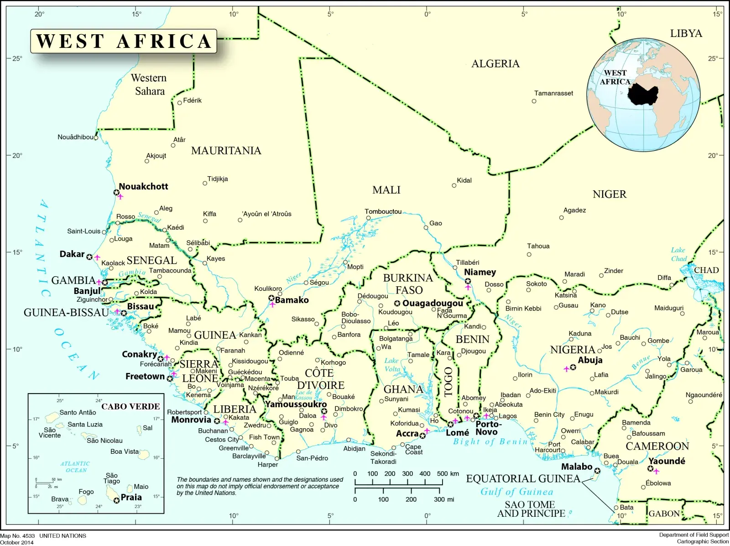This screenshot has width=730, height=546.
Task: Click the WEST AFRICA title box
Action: tap(123, 41)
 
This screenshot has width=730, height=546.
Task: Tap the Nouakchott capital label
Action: tap(143, 186)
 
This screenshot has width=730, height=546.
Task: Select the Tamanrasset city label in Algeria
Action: tap(553, 93)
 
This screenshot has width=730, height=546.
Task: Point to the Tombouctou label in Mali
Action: tap(383, 211)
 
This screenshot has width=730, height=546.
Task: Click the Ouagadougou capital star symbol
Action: tap(397, 303)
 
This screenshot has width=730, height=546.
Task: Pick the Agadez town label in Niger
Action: tap(574, 210)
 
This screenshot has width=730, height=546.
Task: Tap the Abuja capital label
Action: tap(590, 360)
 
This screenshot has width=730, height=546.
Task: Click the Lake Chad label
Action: tap(678, 254)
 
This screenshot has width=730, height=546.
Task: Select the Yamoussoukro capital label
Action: tap(296, 404)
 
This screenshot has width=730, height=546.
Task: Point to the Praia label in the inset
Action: tap(131, 497)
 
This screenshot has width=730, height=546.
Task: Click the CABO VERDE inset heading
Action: tap(130, 406)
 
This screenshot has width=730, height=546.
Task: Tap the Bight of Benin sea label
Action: tap(490, 441)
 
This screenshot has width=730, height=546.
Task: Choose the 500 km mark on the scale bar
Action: tap(443, 474)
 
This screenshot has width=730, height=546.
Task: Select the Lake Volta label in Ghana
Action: tap(391, 365)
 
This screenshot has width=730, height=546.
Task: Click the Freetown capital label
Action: tap(145, 376)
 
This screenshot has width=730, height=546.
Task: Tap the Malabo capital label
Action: tap(576, 467)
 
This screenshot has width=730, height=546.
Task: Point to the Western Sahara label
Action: tap(149, 84)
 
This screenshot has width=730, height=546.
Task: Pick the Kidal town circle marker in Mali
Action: tap(454, 185)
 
